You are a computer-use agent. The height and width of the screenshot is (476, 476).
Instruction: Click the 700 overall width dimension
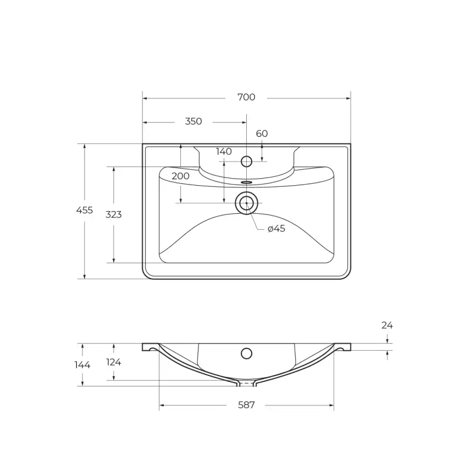[x=246, y=97]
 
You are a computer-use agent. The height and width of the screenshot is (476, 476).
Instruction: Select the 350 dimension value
[x=193, y=121]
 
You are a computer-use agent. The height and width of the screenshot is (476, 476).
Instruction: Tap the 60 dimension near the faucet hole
[x=262, y=134]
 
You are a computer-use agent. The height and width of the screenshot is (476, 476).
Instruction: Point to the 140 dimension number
[x=224, y=152]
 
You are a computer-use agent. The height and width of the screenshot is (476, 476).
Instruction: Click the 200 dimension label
[x=180, y=176]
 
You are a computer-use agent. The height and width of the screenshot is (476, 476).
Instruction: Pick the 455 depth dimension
[x=85, y=210]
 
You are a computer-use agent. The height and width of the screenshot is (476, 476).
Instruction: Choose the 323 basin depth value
[x=114, y=214]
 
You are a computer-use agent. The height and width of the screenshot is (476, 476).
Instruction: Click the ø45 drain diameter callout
[x=276, y=228]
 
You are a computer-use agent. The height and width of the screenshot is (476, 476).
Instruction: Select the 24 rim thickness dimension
[x=387, y=325]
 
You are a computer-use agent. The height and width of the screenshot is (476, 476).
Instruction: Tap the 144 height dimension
[x=82, y=364]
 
